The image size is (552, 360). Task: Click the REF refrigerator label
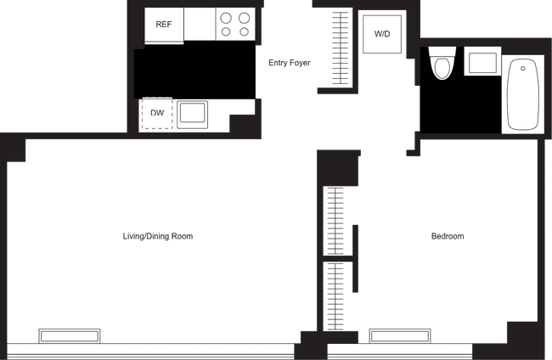tap(164, 25)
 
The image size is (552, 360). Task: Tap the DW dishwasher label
tap(157, 113)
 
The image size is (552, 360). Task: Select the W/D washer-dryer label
tap(382, 34)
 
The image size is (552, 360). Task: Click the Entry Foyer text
tap(290, 63)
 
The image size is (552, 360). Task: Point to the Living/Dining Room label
tap(158, 236)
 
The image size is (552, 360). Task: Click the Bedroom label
tap(448, 236)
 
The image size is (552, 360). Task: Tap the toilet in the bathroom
tap(442, 64)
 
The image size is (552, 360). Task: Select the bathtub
tap(523, 94)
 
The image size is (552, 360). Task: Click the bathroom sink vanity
tap(482, 61)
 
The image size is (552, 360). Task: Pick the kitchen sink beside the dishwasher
tap(192, 115)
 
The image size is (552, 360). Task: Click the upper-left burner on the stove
tap(226, 18)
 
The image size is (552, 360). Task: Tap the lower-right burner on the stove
tap(245, 32)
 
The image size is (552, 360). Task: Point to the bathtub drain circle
tap(523, 68)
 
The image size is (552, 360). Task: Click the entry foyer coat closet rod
tap(341, 48)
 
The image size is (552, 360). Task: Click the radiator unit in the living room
tap(70, 336)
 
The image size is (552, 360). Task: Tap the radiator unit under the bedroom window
tap(400, 336)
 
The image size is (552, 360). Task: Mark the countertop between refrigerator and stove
tap(200, 24)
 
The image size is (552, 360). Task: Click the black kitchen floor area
tap(194, 70)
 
